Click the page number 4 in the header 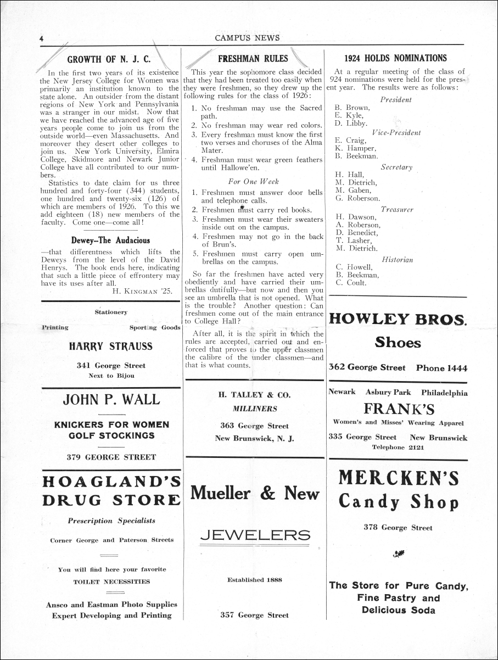42,38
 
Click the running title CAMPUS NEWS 247,38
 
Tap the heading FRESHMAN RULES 253,58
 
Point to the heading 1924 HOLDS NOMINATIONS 395,58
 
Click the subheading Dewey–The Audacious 110,240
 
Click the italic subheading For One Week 253,181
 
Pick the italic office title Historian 397,259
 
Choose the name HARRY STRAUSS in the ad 111,346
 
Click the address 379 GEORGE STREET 111,456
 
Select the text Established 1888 254,579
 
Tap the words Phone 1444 441,368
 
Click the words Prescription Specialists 111,521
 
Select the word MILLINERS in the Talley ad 255,409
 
